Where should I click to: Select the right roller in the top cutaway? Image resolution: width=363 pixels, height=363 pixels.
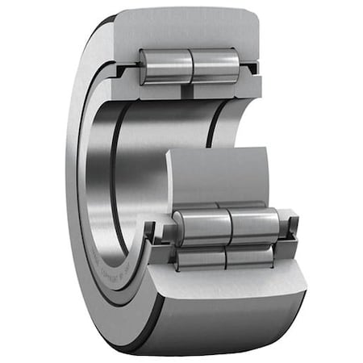(x=215, y=65)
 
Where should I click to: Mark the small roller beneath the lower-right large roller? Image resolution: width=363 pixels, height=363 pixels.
(x=250, y=257)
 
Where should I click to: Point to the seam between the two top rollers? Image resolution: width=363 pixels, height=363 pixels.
(x=192, y=66)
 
